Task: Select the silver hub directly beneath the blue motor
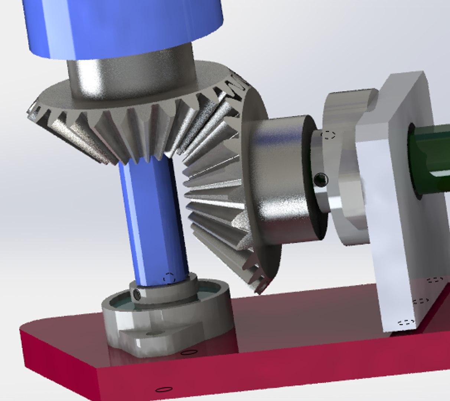[130, 74]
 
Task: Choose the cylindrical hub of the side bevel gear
[282, 178]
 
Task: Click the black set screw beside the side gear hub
[320, 180]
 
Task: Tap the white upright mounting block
[394, 223]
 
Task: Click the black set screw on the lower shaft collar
[137, 295]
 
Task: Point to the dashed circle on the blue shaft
[169, 277]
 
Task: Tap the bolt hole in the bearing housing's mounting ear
[150, 334]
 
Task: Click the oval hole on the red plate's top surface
[189, 352]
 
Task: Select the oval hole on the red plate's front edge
[164, 389]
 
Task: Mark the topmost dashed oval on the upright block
[434, 280]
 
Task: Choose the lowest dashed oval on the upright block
[407, 322]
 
